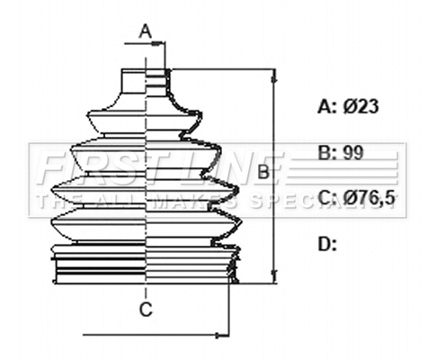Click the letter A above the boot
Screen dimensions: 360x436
pyautogui.click(x=146, y=31)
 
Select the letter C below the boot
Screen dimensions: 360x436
pyautogui.click(x=145, y=310)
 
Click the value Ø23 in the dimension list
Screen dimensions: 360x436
pyautogui.click(x=360, y=106)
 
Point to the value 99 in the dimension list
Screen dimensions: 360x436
pyautogui.click(x=353, y=152)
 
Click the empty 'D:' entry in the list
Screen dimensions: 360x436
pyautogui.click(x=327, y=243)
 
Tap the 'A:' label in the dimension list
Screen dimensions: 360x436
pyautogui.click(x=327, y=106)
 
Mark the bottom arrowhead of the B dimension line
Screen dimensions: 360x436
pyautogui.click(x=273, y=278)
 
